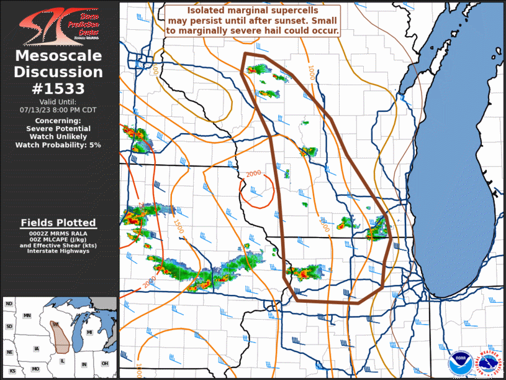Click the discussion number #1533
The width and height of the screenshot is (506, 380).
(59, 88)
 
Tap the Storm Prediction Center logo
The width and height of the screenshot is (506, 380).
(59, 24)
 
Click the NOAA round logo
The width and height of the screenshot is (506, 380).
(460, 361)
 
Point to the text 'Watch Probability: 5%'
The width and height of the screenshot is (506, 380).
(58, 145)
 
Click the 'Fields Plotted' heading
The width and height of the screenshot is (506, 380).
(58, 223)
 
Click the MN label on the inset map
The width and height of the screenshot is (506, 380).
(27, 315)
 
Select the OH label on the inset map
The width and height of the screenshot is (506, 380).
(104, 363)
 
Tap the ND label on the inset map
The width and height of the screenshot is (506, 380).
(9, 304)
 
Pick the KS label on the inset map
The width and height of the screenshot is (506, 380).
(12, 371)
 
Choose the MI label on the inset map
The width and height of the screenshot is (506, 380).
(89, 333)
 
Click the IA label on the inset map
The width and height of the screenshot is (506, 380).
(37, 348)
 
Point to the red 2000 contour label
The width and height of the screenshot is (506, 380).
(253, 174)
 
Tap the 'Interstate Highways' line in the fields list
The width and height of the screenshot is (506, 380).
(58, 251)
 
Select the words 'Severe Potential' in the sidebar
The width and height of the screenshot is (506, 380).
(58, 129)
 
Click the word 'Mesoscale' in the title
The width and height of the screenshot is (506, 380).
(58, 57)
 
